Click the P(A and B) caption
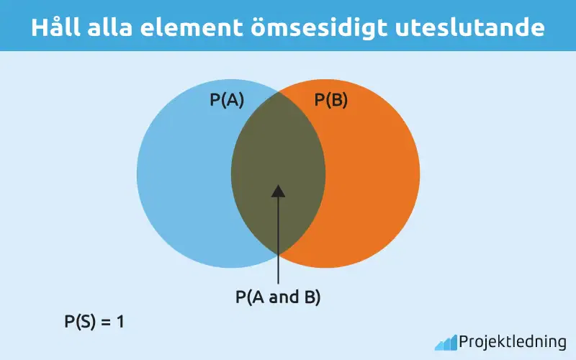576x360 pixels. (x=278, y=297)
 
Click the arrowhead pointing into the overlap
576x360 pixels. (x=278, y=190)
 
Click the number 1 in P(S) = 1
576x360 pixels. (x=121, y=322)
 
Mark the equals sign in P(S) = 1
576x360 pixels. (x=106, y=322)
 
